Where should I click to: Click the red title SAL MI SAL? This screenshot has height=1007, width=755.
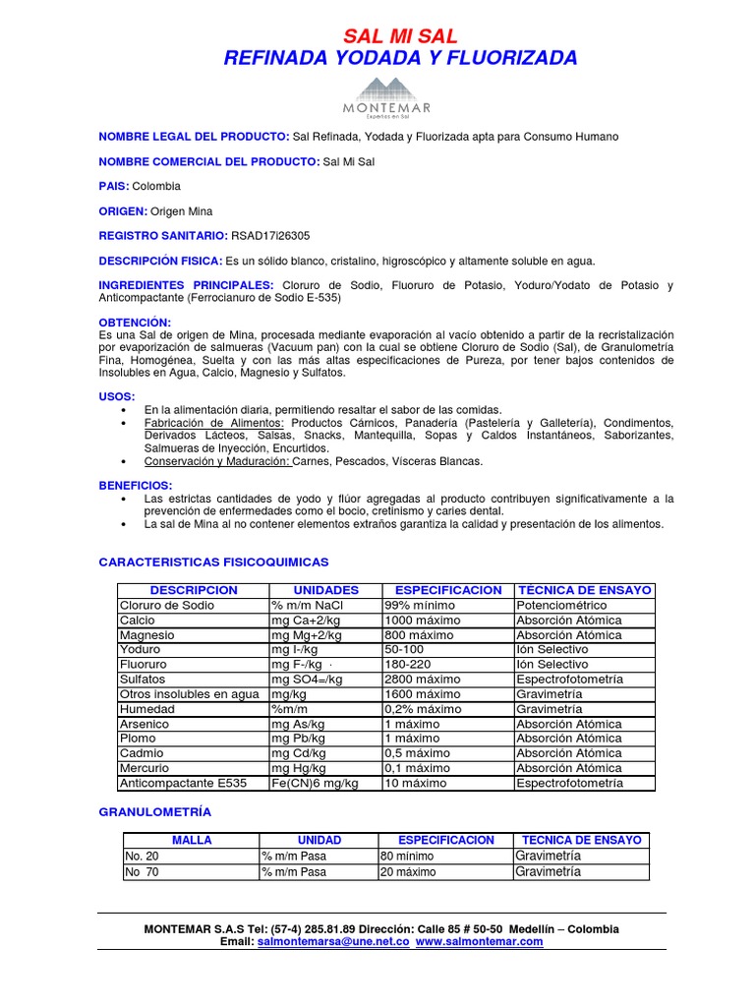point(399,36)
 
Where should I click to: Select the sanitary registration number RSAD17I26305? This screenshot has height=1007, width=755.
point(270,236)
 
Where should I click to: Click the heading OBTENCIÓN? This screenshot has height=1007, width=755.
point(135,323)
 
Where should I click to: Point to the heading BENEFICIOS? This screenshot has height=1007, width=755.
point(136,486)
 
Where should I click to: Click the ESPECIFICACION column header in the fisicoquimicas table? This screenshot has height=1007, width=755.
point(448,590)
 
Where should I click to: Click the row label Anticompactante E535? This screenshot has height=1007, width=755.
point(183,784)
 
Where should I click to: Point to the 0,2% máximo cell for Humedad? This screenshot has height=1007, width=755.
point(423,709)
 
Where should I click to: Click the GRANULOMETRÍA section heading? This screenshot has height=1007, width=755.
point(155,812)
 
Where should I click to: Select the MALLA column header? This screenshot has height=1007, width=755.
point(191,840)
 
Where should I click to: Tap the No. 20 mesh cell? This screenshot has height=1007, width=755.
point(142,856)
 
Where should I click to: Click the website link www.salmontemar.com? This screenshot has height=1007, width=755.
point(479,941)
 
